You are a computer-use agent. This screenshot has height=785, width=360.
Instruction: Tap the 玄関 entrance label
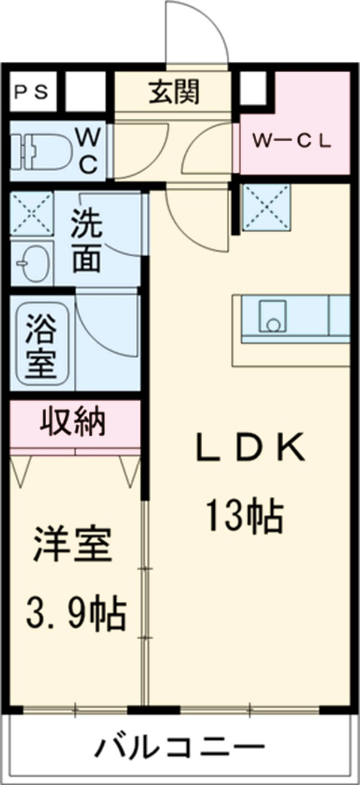pos(174,92)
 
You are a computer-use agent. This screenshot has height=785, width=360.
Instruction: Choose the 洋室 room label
pos(72,544)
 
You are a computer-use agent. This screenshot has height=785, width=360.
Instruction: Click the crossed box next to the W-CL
pos(265,208)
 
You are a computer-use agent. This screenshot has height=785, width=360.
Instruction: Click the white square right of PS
pos(84,91)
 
